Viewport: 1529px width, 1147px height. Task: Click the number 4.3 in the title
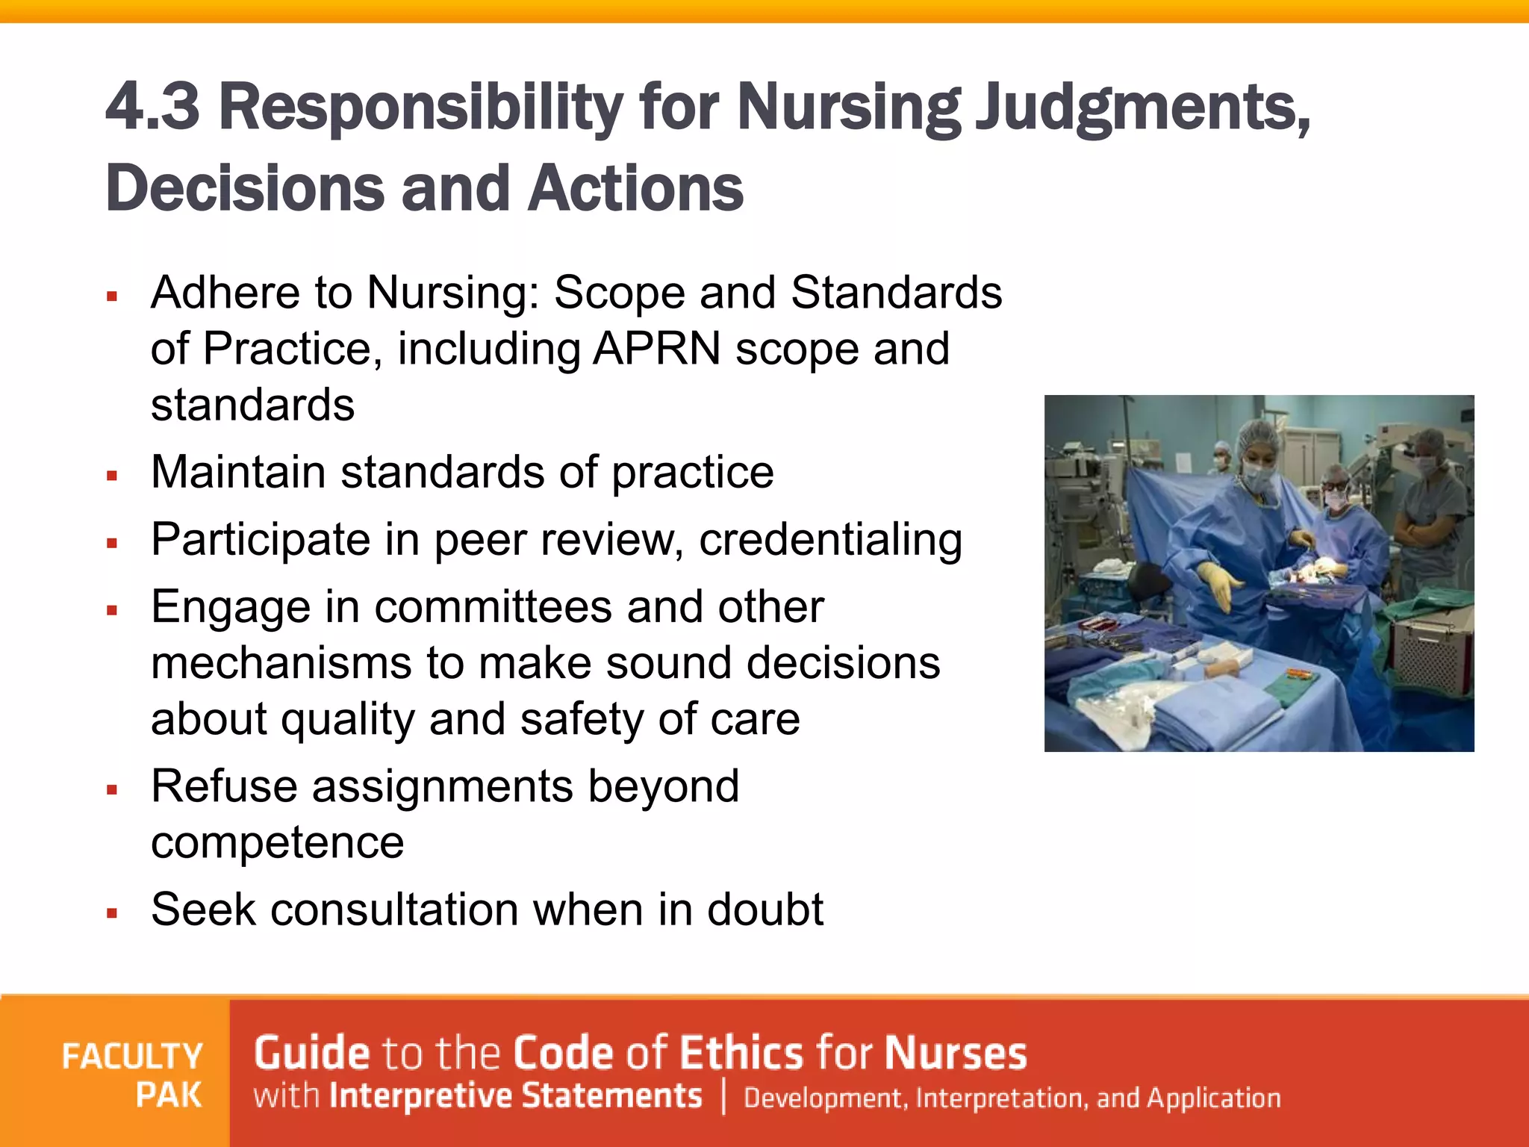pos(153,107)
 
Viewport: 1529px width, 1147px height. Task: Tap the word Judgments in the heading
pos(1142,108)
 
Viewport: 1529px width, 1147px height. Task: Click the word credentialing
pos(830,541)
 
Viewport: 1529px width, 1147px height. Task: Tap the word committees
pos(493,606)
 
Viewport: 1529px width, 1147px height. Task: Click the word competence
pos(277,842)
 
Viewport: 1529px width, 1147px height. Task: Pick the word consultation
pos(394,910)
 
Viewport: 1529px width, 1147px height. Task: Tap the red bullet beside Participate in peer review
pos(113,543)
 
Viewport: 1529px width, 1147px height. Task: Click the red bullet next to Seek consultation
pos(113,913)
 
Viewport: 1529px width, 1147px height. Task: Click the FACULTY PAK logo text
pos(133,1075)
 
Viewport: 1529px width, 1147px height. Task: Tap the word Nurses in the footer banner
pos(956,1053)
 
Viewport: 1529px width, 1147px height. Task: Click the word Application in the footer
pos(1214,1098)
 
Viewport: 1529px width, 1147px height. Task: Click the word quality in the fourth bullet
pos(347,719)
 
